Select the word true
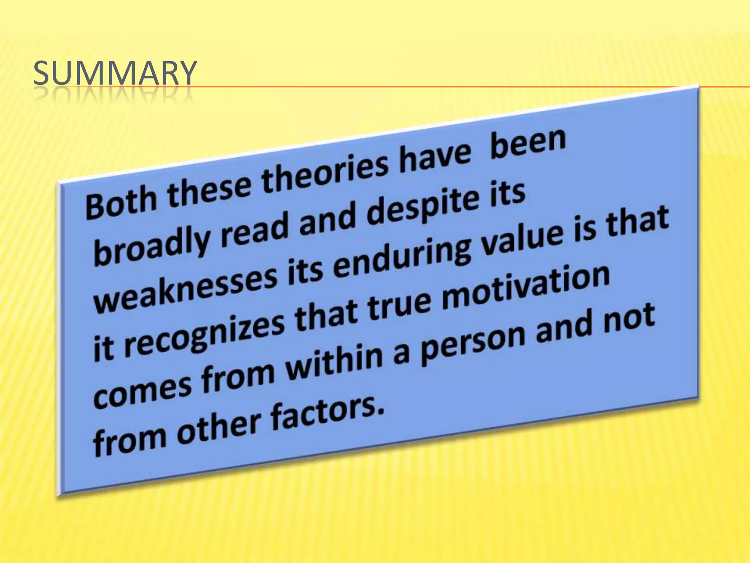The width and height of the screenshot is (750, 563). click(399, 305)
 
